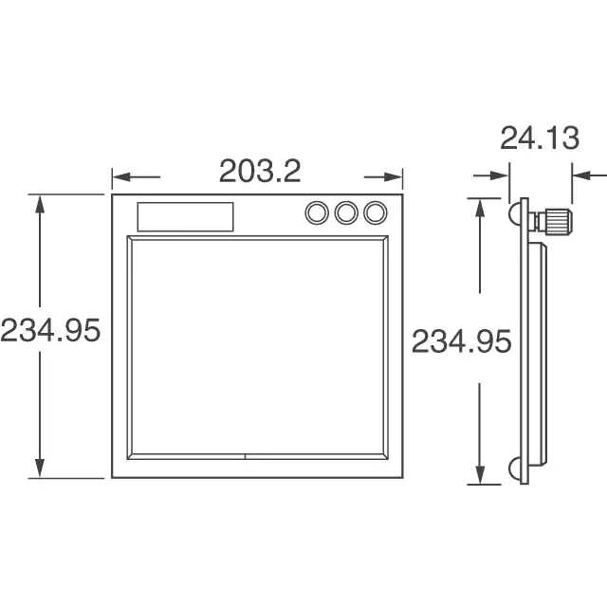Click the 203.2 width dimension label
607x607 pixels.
[x=260, y=171]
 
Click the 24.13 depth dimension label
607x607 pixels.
[x=540, y=138]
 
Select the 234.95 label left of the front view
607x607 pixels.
[x=50, y=330]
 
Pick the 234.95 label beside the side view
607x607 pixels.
[x=461, y=341]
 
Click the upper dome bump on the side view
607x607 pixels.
[x=514, y=213]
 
